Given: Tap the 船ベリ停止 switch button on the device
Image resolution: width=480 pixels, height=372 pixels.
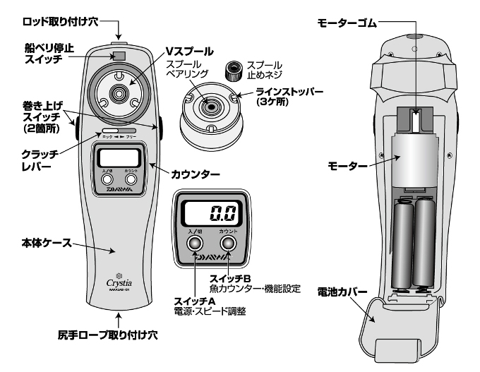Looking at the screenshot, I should [119, 56].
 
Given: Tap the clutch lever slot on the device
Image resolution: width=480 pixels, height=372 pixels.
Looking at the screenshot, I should [117, 131].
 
